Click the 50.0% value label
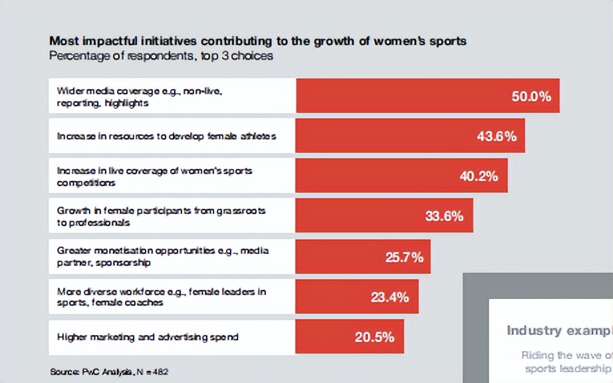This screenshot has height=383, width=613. coord(531,96)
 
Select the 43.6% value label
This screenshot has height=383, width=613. coord(497,136)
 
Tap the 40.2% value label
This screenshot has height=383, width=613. coord(479,176)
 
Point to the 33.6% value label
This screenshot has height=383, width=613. coord(444,216)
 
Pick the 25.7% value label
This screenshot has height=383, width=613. coord(404,257)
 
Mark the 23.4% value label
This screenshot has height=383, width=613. coord(390,297)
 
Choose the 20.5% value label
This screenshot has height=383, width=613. coord(374,337)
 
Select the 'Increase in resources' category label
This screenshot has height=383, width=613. coord(166,136)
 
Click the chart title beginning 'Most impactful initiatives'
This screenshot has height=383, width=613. coord(258,41)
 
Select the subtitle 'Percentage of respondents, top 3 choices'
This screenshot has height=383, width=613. coord(161,56)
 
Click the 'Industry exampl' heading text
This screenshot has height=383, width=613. coord(558,330)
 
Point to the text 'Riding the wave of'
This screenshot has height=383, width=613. coord(566,355)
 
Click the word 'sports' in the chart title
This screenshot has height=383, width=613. coord(449,41)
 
